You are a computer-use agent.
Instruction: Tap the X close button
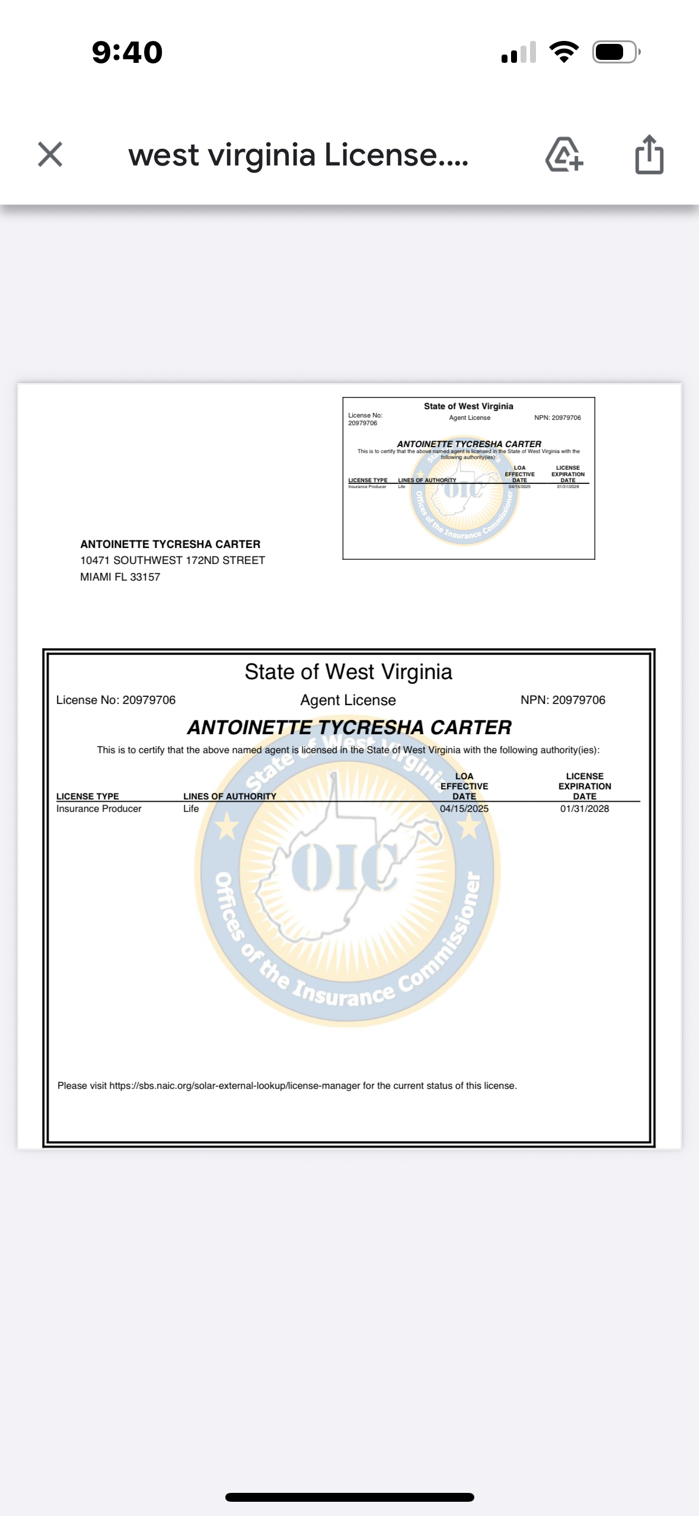50,154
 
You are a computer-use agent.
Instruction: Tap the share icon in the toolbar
649,155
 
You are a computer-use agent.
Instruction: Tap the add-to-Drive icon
564,155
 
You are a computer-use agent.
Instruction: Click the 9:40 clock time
127,52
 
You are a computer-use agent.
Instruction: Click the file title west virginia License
298,155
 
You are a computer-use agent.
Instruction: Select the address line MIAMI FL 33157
120,577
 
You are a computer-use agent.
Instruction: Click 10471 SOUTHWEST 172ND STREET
173,560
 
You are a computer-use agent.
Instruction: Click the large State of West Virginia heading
348,672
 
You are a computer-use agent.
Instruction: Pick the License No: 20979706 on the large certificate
116,700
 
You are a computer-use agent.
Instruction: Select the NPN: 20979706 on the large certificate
563,700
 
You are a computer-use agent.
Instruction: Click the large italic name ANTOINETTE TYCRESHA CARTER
349,727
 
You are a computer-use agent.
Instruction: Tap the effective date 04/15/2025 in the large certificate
464,808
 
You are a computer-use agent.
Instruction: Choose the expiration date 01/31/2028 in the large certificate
584,808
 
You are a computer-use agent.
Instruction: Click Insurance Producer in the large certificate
98,808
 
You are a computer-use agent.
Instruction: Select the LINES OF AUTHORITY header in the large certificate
229,796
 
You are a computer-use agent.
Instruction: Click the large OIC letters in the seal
344,868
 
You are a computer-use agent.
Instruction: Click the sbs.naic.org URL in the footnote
234,1085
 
